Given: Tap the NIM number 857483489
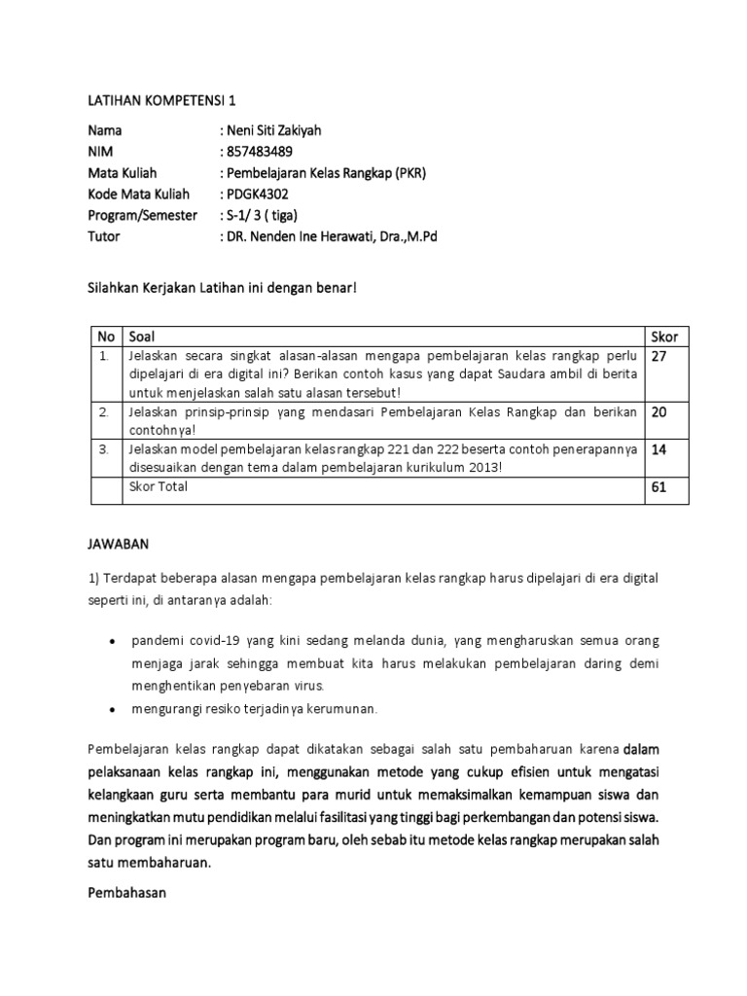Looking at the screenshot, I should coord(259,152).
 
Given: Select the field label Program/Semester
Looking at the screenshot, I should coord(142,215).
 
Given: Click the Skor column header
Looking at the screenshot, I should coord(664,337).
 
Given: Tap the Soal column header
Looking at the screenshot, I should coord(141,337).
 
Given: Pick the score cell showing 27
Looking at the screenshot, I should coord(658,357).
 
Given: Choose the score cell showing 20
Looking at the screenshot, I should coord(658,412).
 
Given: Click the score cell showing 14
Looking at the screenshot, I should coord(658,450).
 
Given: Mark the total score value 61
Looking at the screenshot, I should coord(658,487).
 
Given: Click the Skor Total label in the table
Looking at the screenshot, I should coord(158,487).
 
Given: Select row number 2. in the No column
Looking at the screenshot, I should coord(102,412).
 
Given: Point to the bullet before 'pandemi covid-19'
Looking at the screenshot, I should coord(113,643).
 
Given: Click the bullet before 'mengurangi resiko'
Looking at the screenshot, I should coord(113,709).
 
